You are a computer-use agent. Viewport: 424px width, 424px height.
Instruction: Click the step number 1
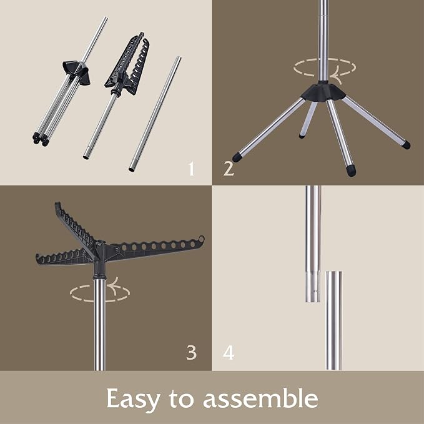[x=192, y=169]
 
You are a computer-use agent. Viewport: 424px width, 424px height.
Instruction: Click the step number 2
[x=229, y=169]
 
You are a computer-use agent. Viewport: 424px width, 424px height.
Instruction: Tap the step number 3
[x=192, y=353]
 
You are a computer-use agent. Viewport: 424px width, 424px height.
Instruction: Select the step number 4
[x=229, y=353]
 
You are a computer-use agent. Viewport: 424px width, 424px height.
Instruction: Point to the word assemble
[x=260, y=398]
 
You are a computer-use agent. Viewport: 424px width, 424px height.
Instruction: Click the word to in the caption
[x=182, y=399]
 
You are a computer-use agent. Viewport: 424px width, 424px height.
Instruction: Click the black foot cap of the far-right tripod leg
[x=406, y=145]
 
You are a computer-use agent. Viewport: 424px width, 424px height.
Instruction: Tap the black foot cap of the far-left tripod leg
[x=236, y=157]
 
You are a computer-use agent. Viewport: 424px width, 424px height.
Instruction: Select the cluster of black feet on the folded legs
[x=41, y=139]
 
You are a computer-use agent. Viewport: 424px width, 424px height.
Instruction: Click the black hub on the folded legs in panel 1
[x=77, y=72]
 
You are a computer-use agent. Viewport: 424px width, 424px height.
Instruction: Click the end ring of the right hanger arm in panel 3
[x=201, y=239]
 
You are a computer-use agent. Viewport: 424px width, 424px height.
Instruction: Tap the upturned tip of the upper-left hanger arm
[x=57, y=206]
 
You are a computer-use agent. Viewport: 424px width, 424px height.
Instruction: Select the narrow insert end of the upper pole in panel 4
[x=313, y=287]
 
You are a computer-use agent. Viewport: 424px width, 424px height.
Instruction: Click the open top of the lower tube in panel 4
[x=333, y=272]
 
